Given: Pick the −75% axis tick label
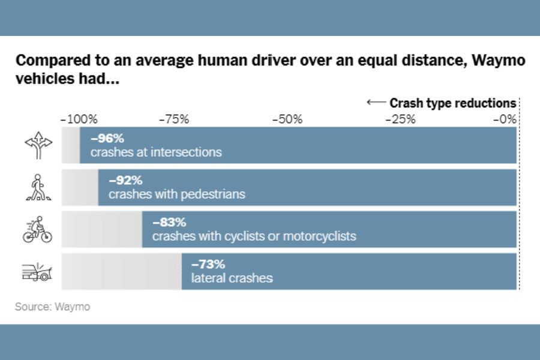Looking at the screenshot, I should click(173, 119).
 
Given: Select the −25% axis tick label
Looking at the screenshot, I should click(400, 119).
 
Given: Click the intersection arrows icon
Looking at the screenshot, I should click(38, 145).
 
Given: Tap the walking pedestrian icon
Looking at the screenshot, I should click(38, 187).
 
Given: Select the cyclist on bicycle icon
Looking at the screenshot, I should click(38, 229).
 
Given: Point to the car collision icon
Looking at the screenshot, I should click(38, 272).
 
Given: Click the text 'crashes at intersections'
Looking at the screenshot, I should click(156, 152).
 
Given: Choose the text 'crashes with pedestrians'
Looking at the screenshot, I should click(177, 194).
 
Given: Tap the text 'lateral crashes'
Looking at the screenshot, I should click(232, 278).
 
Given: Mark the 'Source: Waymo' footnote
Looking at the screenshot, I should click(52, 307).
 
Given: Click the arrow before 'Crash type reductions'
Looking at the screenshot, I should click(376, 103).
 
